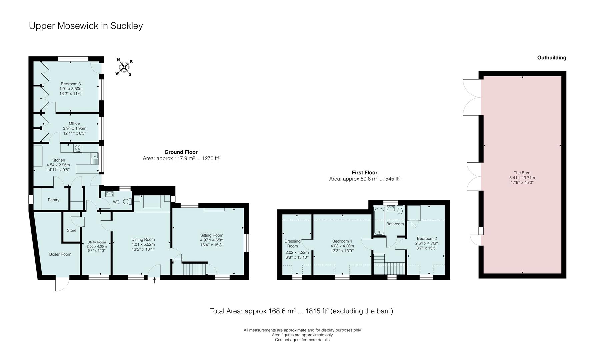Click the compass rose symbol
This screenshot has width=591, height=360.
[x=124, y=67]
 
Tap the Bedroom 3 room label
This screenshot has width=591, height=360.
[x=71, y=84]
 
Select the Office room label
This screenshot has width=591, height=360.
[x=74, y=123]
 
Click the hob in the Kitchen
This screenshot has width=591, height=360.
[x=78, y=148]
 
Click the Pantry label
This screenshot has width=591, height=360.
[x=53, y=200]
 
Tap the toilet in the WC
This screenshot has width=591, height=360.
[x=127, y=202]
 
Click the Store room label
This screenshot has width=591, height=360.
[x=71, y=230]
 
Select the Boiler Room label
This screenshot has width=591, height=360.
[x=60, y=254]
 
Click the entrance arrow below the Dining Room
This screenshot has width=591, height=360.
[x=154, y=281]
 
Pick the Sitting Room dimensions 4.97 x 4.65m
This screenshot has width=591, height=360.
[x=212, y=240]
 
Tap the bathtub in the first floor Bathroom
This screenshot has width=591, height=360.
[x=379, y=221]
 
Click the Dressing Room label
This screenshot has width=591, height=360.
[x=292, y=244]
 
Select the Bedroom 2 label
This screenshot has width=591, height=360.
[x=427, y=238]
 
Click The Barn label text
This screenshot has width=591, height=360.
[x=522, y=173]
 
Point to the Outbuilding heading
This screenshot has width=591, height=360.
[x=551, y=58]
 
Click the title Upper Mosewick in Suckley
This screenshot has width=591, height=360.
[x=86, y=26]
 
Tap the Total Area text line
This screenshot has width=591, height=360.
[x=301, y=311]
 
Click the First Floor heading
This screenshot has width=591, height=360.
[x=364, y=172]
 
